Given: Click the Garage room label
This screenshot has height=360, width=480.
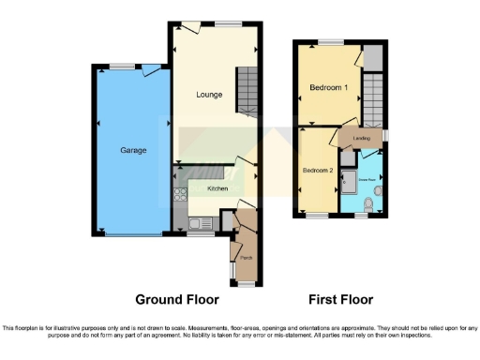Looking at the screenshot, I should coord(132,150).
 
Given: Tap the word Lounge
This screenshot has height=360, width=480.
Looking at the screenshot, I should coord(208,95).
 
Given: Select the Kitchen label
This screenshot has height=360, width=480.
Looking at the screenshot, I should coord(217,188).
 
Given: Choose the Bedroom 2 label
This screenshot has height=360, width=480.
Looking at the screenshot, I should coord(317,171).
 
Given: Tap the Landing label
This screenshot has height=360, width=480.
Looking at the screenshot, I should coord(362,139).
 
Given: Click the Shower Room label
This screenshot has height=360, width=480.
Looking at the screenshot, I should coord(366,174).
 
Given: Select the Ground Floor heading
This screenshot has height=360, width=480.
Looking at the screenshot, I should coord(177,300).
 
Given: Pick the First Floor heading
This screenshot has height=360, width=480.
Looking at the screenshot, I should coord(341,300).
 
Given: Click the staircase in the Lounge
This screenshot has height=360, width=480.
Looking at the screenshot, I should coord(246,90).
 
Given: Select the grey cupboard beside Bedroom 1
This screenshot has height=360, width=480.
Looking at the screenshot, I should coord(373,58).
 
